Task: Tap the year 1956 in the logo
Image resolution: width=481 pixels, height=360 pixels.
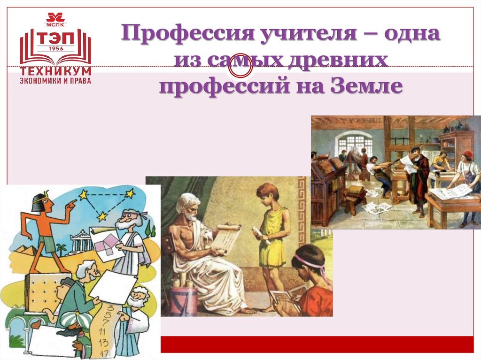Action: [55, 48]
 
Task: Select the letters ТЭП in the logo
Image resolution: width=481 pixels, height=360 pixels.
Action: [55, 37]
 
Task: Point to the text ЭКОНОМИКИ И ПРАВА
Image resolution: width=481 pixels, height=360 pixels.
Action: [55, 80]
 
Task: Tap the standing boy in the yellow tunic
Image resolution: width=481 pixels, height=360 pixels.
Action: [270, 235]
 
